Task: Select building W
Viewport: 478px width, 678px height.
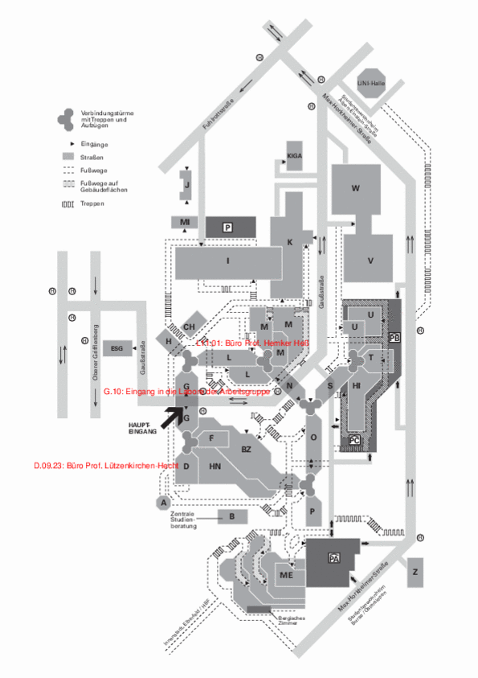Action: click(x=355, y=188)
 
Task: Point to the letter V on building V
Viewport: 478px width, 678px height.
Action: click(x=370, y=260)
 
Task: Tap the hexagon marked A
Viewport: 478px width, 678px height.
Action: click(x=164, y=503)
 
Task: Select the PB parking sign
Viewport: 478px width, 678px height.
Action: click(x=394, y=337)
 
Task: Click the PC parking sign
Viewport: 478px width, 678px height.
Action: click(x=355, y=440)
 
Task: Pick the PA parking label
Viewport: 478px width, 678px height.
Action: click(x=333, y=557)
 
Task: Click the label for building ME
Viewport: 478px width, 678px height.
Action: click(x=286, y=575)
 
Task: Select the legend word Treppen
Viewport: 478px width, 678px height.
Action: click(x=92, y=203)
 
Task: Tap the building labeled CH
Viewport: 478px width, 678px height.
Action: click(x=190, y=327)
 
